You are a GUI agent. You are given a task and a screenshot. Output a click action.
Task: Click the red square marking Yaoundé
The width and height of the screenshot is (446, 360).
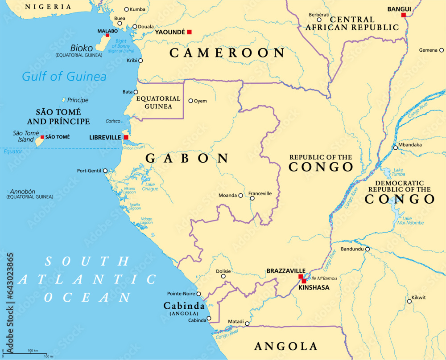[189, 32]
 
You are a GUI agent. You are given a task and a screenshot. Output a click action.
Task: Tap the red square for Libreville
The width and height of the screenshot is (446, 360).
[126, 137]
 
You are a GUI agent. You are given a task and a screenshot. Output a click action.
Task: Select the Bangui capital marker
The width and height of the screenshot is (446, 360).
[403, 15]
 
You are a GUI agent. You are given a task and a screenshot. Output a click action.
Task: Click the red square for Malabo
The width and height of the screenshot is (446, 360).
[107, 35]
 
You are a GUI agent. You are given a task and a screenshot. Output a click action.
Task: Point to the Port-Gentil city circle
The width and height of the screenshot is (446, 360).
[105, 171]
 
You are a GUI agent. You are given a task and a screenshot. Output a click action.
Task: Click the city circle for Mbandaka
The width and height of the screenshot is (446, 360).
[395, 147]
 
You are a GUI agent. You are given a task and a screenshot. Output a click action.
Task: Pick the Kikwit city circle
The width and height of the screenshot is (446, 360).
[409, 301]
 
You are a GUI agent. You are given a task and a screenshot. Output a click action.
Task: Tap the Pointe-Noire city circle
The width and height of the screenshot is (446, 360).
[199, 294]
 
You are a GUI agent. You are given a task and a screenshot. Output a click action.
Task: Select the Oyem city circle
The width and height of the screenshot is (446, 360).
[191, 101]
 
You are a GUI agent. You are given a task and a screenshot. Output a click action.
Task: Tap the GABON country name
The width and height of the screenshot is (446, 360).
[187, 158]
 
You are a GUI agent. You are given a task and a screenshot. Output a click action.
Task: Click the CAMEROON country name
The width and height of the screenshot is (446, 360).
[227, 53]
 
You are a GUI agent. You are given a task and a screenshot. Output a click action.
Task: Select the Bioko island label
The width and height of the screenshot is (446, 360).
[82, 48]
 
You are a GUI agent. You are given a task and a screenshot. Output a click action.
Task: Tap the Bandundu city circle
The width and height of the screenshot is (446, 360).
[368, 249]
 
